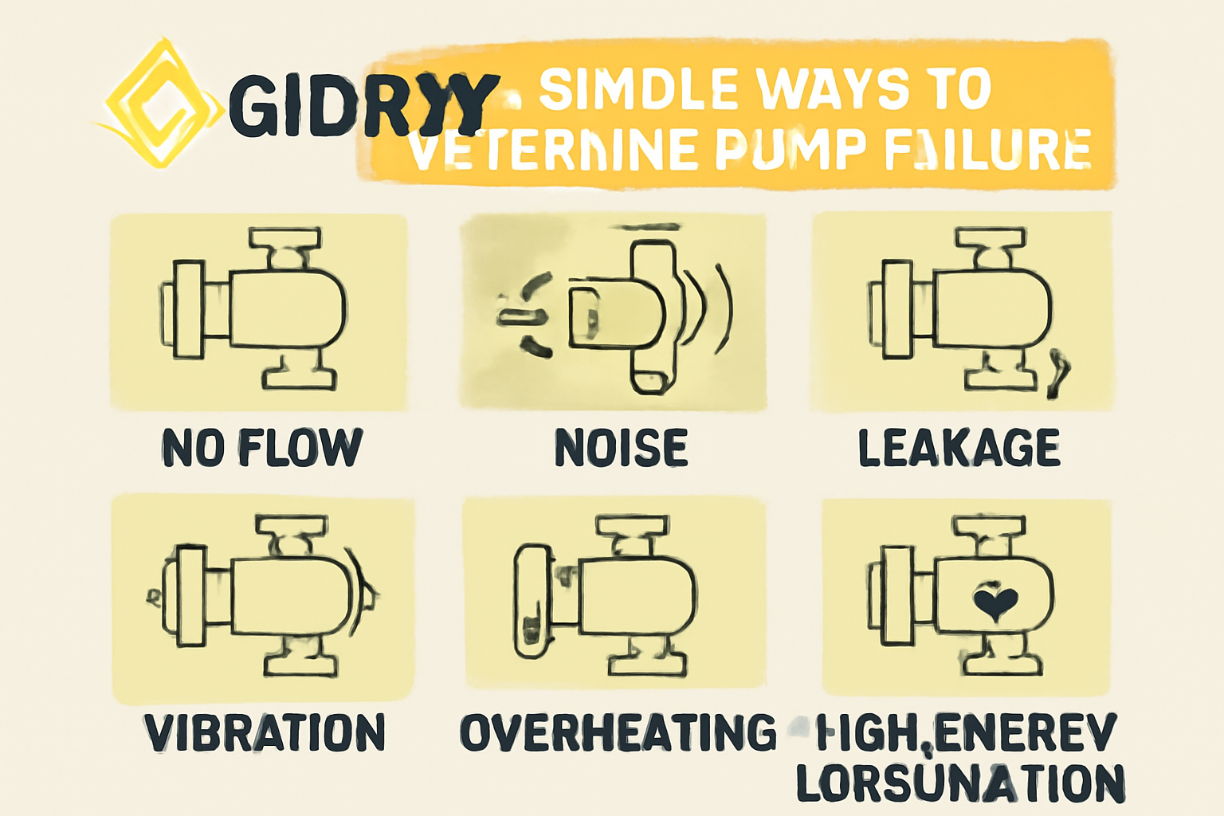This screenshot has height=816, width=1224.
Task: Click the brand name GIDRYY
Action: pyautogui.click(x=363, y=104)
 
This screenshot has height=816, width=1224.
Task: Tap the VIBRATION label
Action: pyautogui.click(x=265, y=732)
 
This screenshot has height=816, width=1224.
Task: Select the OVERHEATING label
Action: pyautogui.click(x=618, y=732)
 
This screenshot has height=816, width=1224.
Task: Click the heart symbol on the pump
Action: pyautogui.click(x=996, y=602)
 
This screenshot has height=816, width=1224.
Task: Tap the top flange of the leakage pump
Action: pyautogui.click(x=990, y=238)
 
